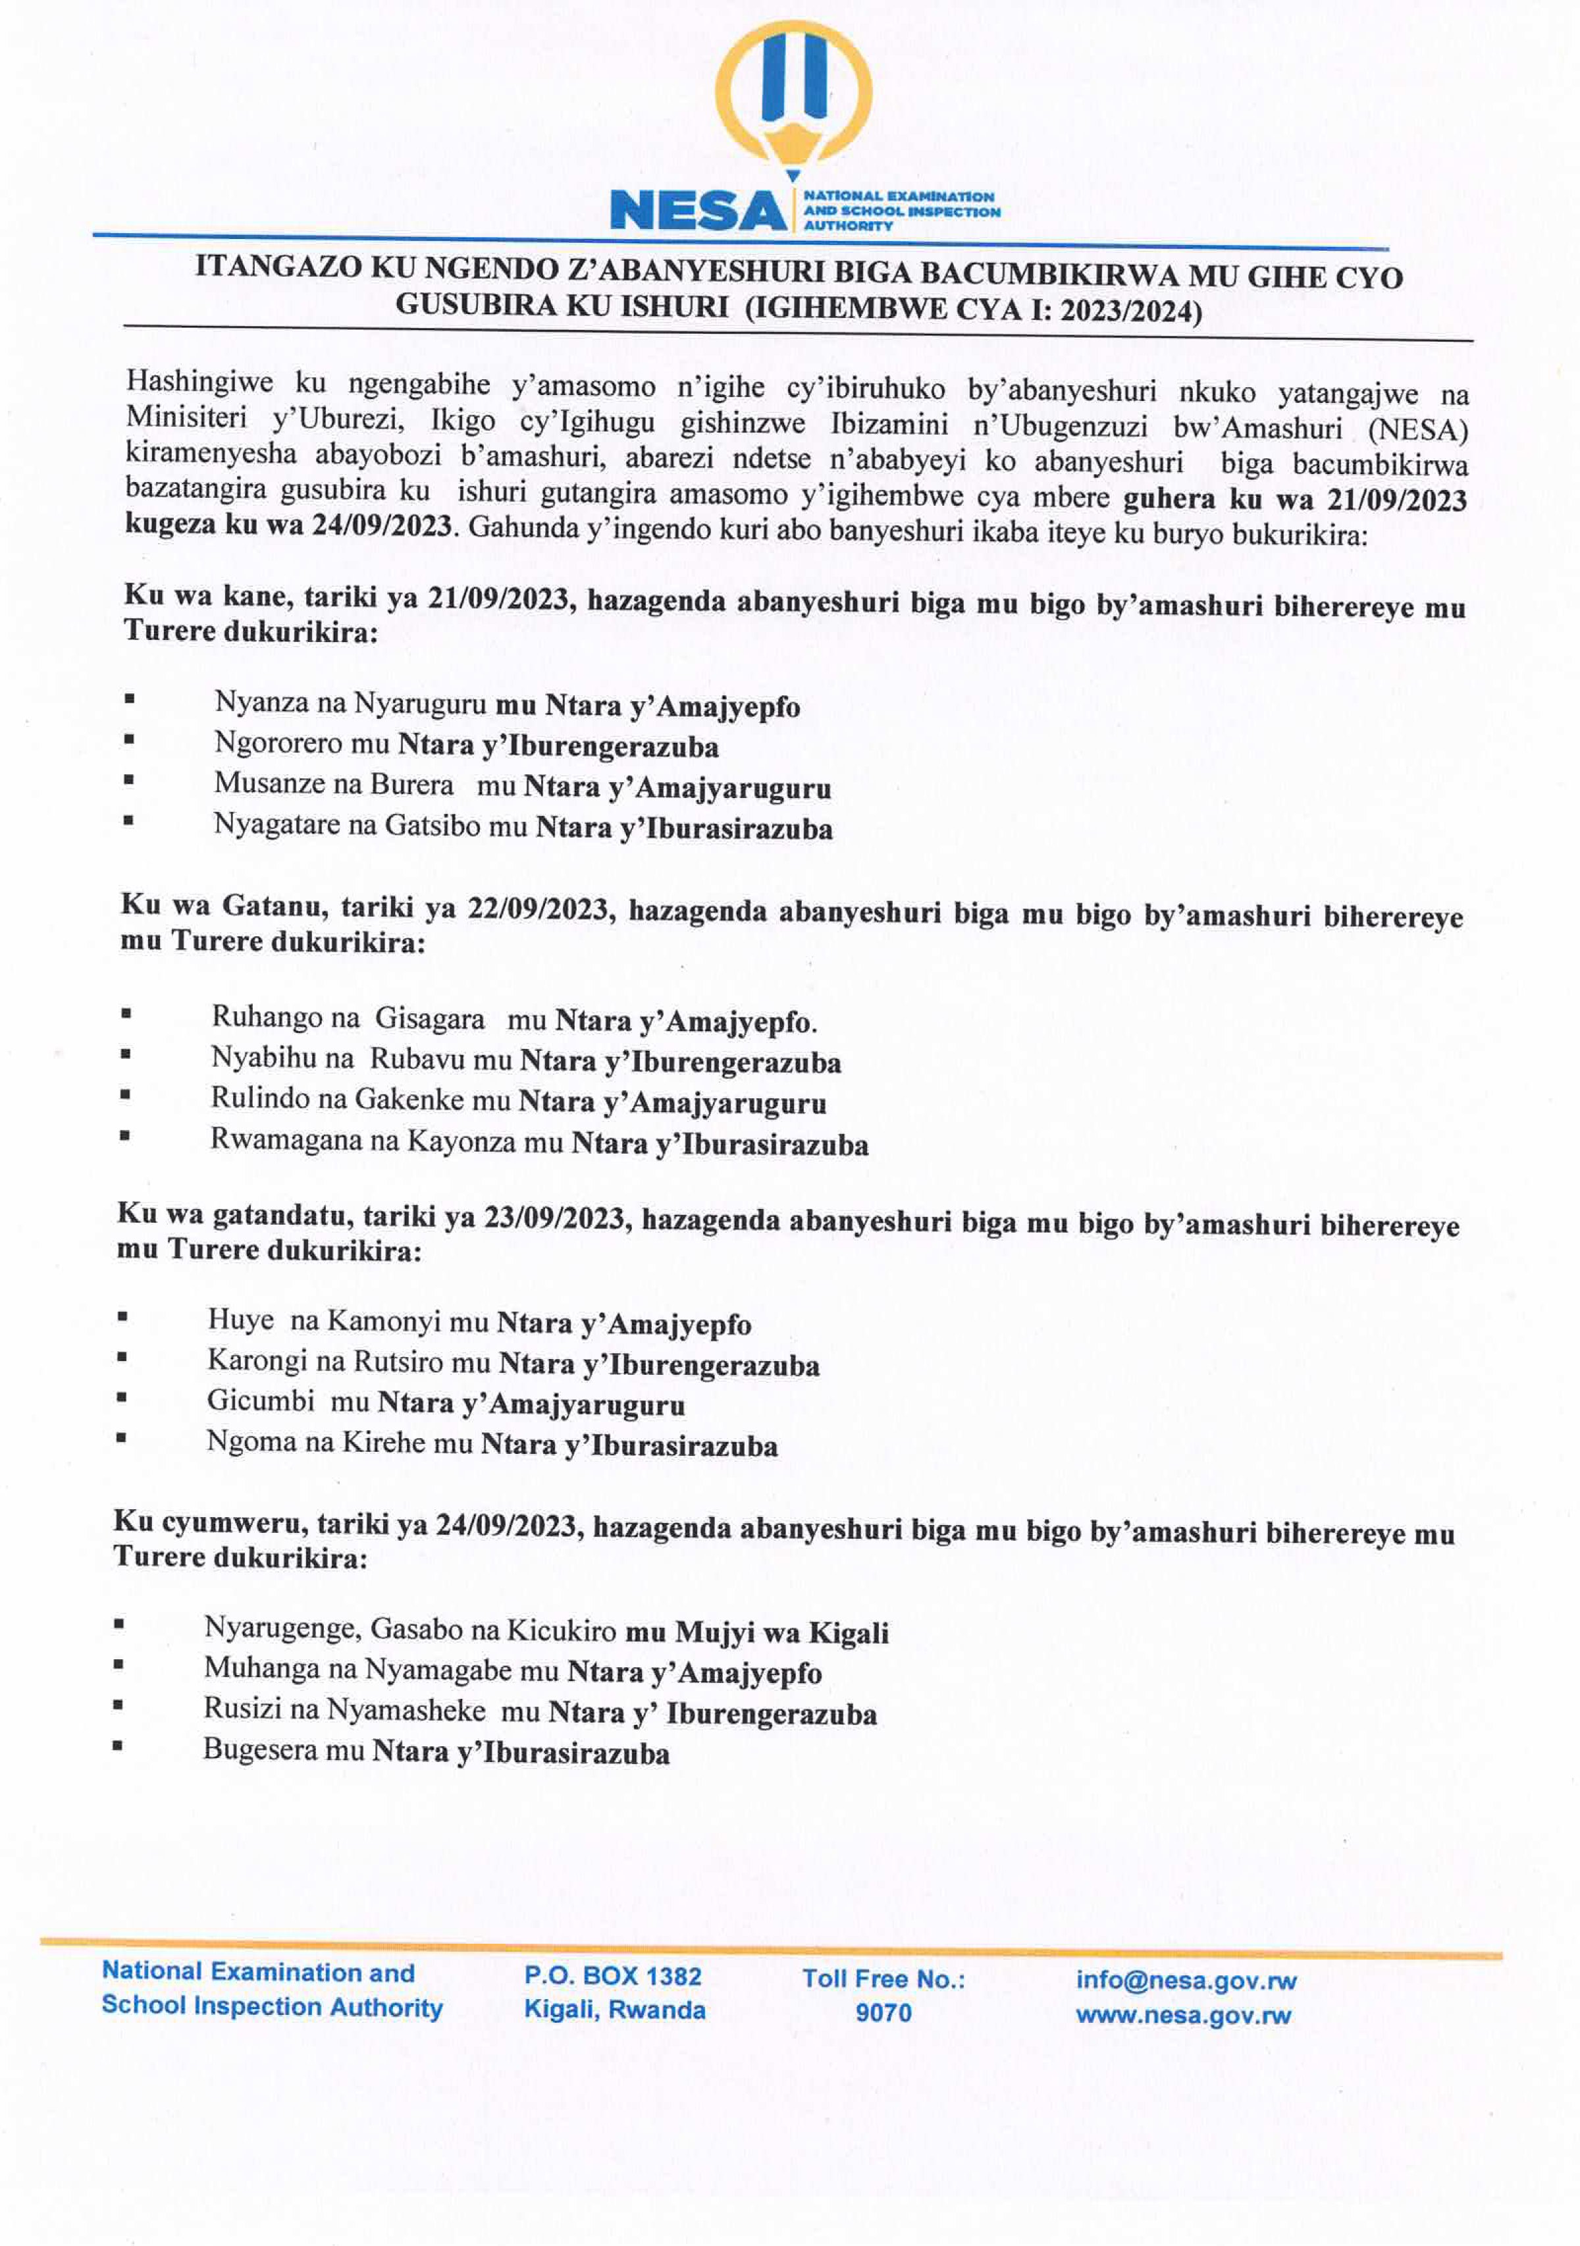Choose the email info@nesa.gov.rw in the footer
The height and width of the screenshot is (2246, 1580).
1185,1981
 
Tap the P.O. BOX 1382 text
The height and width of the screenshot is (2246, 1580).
612,1976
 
